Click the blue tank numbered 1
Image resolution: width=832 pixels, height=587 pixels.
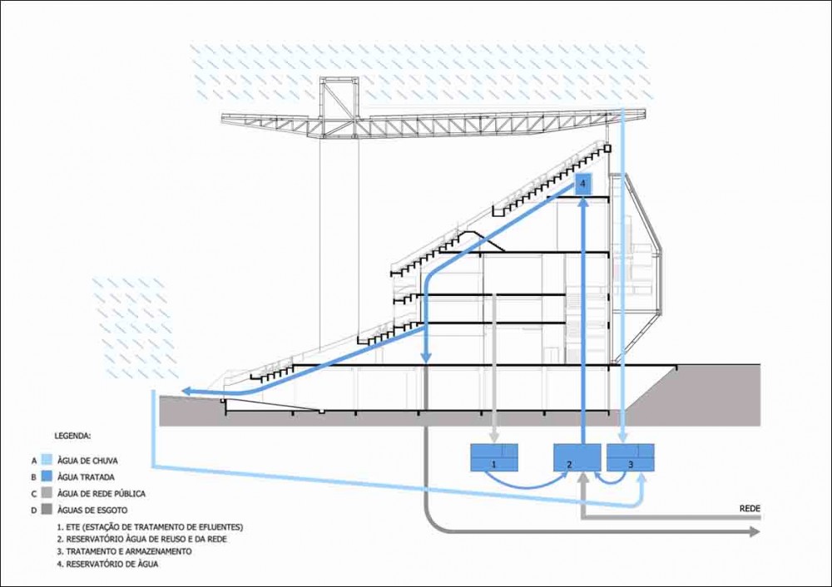(494, 457)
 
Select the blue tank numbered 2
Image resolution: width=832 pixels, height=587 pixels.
(577, 457)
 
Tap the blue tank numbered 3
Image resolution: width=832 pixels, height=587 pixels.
(631, 457)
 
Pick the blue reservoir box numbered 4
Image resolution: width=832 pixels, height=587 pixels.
(582, 184)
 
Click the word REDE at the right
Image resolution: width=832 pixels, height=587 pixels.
(750, 509)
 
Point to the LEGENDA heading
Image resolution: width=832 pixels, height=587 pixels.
(72, 436)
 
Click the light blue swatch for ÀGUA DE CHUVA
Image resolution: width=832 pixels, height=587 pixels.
(47, 461)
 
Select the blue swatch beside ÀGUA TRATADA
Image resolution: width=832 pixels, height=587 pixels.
(47, 476)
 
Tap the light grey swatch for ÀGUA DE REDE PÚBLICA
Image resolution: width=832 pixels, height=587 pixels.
(47, 494)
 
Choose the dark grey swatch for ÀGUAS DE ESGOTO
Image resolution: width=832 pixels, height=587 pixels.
(47, 511)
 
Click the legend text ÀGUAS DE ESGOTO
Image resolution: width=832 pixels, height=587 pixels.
(92, 511)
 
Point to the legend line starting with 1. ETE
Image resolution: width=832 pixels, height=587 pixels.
(150, 527)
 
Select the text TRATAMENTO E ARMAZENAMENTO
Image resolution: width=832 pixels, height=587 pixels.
(129, 551)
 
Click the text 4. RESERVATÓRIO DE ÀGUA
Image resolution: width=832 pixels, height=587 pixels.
(107, 564)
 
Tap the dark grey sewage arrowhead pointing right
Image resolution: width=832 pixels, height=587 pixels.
(754, 532)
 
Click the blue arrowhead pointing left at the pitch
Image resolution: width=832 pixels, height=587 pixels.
(186, 392)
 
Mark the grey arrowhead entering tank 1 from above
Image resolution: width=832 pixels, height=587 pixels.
(494, 437)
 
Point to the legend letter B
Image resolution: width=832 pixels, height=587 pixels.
(33, 477)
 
